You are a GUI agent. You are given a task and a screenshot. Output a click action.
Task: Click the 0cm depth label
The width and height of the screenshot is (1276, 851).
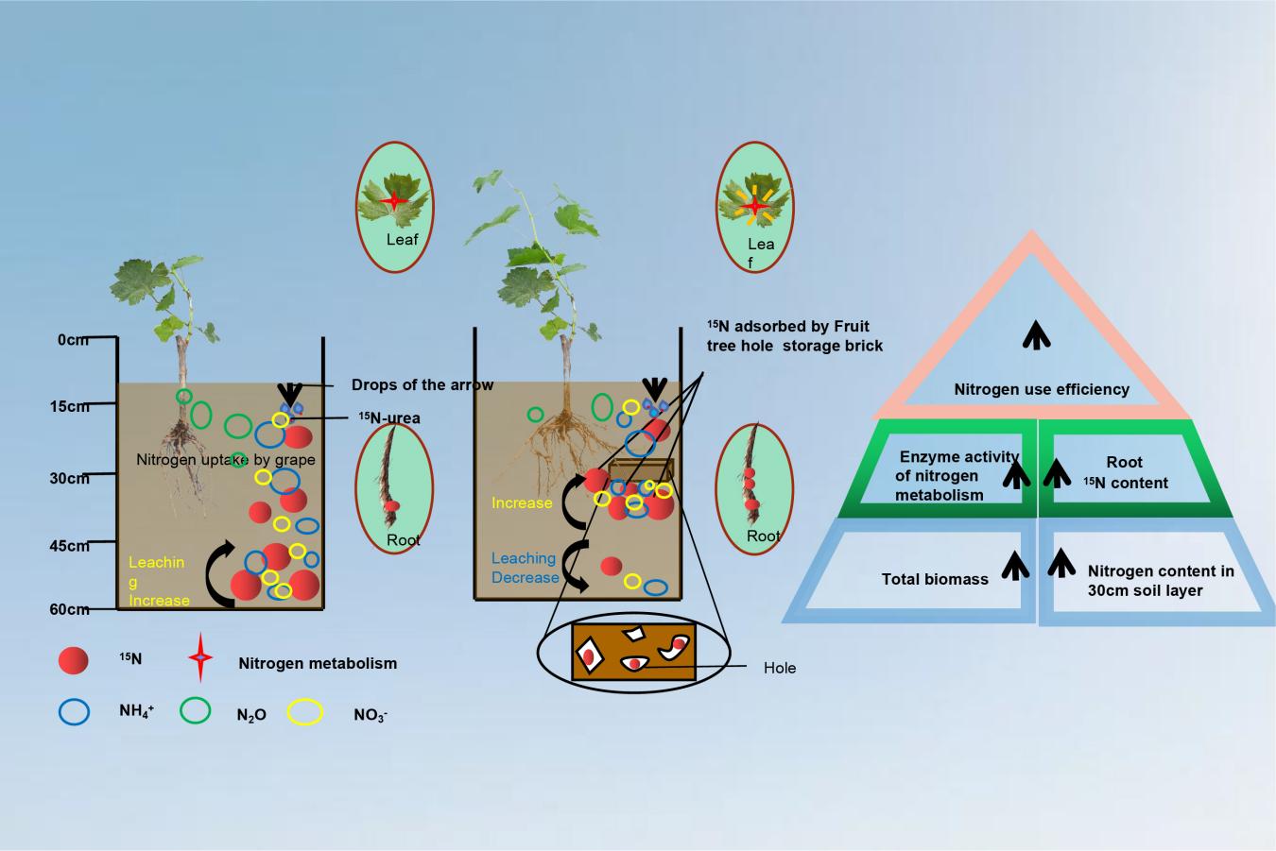[x=73, y=339]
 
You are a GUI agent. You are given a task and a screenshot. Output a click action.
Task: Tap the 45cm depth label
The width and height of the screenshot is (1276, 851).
[x=69, y=546]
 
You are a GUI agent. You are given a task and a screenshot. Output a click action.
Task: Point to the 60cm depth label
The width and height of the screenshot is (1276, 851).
[x=69, y=610]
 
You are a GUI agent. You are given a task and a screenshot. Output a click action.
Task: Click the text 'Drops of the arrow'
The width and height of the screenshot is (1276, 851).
[x=422, y=385]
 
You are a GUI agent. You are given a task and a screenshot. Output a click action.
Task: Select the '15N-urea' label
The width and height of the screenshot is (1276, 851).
[x=388, y=418]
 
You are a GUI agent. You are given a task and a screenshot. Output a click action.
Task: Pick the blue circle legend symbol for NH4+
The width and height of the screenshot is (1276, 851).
[x=74, y=711]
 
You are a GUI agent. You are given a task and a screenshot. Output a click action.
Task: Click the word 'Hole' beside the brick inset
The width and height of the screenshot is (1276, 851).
[x=780, y=668]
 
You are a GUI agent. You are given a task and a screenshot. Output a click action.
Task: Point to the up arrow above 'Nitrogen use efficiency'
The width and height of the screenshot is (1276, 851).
[x=1037, y=334]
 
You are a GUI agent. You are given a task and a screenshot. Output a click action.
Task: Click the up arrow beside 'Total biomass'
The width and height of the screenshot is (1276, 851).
[x=1014, y=566]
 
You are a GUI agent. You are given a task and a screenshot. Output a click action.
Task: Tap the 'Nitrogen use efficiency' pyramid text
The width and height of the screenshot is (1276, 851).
[x=1042, y=389]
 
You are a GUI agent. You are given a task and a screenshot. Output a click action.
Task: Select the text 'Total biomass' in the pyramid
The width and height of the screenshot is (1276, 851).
[x=935, y=579]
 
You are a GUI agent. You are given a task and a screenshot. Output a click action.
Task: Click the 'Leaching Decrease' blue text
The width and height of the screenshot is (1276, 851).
[x=524, y=568]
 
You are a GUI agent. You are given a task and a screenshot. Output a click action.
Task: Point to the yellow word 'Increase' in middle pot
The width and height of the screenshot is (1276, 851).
[x=522, y=503]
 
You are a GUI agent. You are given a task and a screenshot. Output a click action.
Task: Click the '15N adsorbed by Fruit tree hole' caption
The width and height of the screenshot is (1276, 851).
[x=794, y=336]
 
